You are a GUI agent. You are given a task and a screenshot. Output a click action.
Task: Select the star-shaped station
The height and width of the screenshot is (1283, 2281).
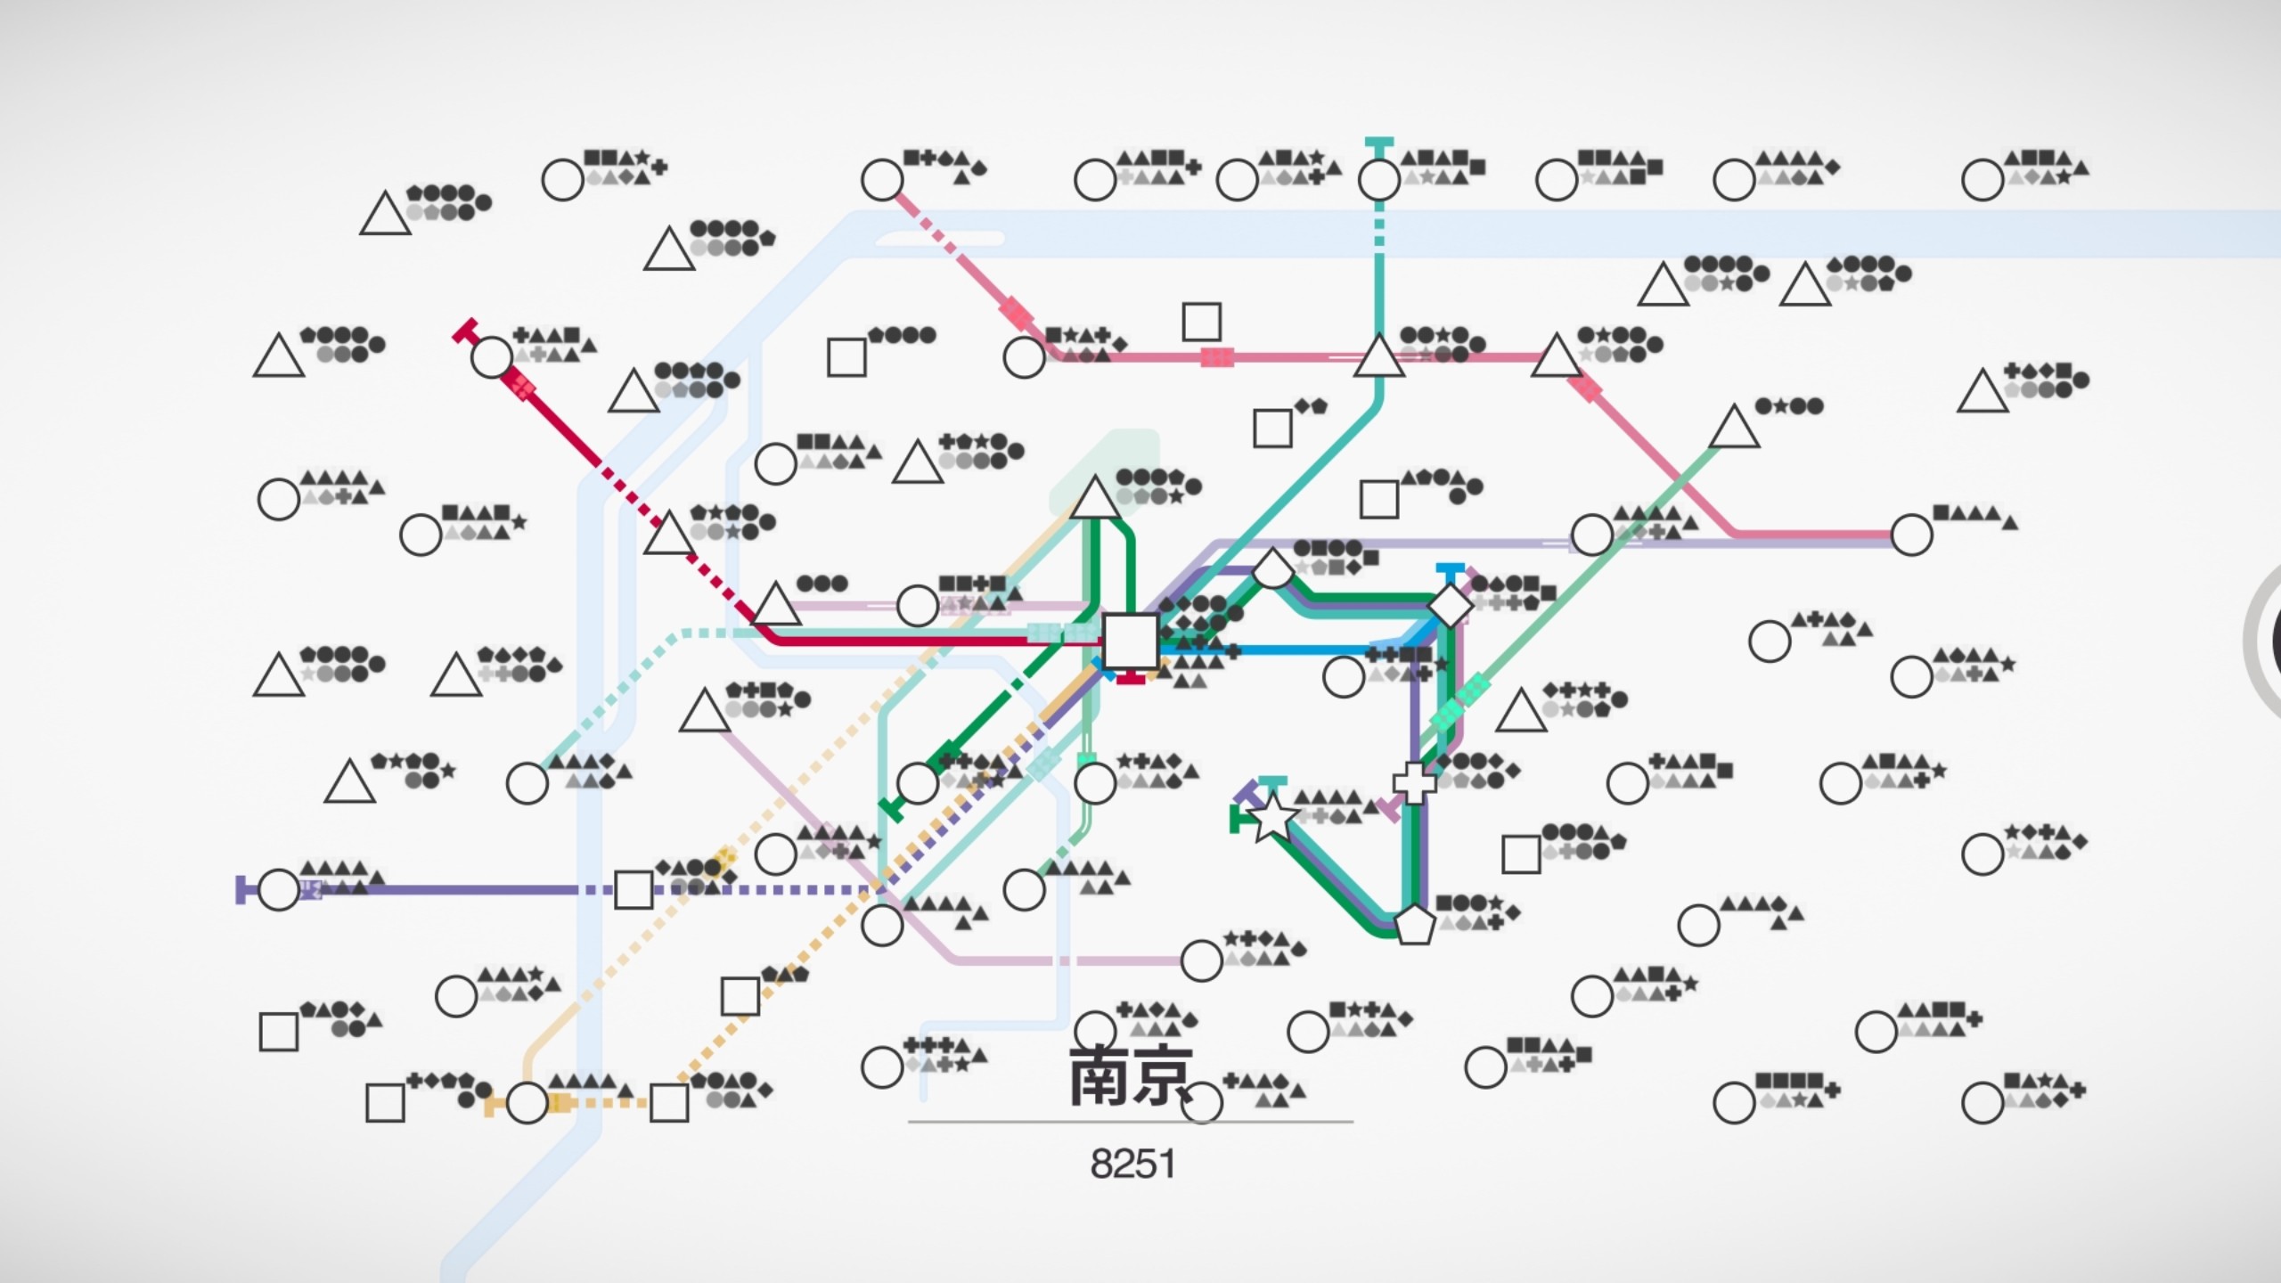1272,819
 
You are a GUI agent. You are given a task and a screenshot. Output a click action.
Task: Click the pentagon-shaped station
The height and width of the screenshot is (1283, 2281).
1414,926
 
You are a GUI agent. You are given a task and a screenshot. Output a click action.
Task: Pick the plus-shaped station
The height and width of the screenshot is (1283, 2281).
1414,782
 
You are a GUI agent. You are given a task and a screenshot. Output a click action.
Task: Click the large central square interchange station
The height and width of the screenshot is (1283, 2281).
1130,640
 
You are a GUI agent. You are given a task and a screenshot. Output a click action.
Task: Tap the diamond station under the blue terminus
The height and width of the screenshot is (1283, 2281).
1450,605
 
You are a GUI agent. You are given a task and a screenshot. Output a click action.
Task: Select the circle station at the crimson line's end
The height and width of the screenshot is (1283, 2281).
491,357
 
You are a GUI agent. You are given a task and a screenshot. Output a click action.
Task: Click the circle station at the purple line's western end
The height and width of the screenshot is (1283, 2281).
278,890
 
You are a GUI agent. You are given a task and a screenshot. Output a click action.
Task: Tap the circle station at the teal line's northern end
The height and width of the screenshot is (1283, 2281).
1378,180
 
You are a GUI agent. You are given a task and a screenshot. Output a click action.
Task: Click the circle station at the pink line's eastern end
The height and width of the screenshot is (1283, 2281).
1911,535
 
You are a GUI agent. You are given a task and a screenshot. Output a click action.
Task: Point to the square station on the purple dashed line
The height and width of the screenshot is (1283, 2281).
634,890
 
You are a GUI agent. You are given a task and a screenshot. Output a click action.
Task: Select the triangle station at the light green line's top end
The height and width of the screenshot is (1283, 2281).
1734,429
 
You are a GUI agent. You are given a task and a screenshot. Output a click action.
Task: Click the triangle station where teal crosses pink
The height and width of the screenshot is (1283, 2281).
1378,357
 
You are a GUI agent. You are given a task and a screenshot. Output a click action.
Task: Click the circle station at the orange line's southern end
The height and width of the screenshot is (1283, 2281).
527,1104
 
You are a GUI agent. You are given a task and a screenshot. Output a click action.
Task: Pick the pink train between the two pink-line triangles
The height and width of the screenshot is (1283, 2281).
1217,357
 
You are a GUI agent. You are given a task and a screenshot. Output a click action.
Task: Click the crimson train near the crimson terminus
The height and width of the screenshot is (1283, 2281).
519,386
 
